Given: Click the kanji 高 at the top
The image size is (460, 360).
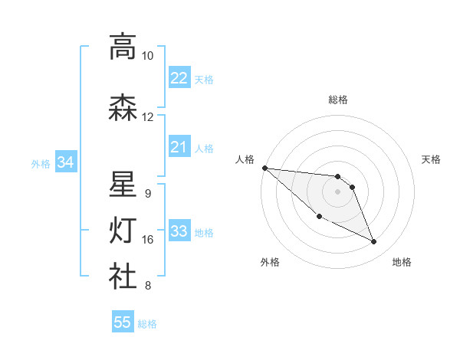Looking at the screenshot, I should pos(123,47).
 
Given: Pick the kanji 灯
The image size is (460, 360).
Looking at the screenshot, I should pos(123,231).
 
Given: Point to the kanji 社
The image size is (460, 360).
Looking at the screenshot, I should pos(123,277).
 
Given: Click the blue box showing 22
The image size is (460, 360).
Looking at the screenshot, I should pos(179,78).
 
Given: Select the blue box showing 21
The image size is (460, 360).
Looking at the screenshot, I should pos(179,147).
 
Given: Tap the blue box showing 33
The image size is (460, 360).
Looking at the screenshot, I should pos(179,231).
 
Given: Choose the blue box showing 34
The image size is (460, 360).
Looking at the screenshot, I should pos(65,162).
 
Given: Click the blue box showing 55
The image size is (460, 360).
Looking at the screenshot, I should pos(123,322).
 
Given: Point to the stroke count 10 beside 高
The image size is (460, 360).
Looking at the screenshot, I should pos(148,56).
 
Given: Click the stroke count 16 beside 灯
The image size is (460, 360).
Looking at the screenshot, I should pos(148,240).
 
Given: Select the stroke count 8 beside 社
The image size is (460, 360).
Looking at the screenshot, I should pos(148,286).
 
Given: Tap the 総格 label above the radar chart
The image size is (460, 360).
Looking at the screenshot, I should pos(338,100).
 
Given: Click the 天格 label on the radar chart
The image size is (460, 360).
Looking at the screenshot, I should pos(432,159).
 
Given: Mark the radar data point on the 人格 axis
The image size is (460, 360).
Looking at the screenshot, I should pos(264,168).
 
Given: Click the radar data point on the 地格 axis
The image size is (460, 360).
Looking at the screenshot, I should pos(374,242).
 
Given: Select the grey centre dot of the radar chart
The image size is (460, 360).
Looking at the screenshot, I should pos(338,191).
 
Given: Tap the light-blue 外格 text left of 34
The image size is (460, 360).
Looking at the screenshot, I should pos(41,163).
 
